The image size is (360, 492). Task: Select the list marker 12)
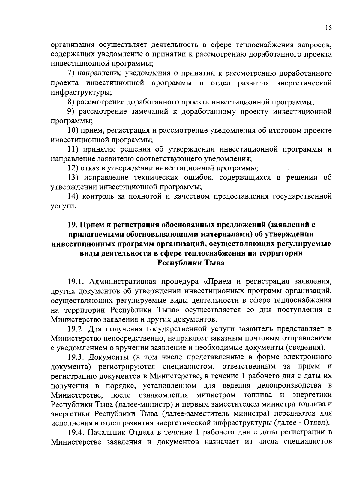pyautogui.click(x=73, y=168)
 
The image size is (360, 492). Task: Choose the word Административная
pyautogui.click(x=123, y=282)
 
